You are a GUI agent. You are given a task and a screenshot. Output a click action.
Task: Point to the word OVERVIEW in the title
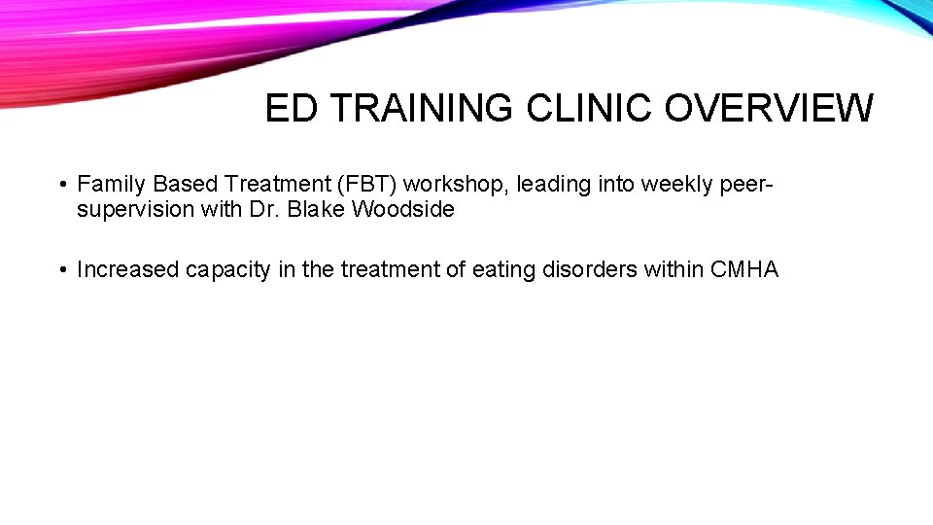tap(769, 109)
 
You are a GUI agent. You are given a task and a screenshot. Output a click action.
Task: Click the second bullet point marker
tap(61, 270)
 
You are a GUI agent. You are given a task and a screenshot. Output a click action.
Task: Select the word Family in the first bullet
tap(111, 184)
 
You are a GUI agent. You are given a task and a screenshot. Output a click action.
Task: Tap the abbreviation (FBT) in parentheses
tap(366, 184)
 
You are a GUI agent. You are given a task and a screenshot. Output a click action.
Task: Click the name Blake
tap(315, 209)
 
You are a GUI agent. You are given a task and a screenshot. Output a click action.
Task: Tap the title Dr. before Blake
tap(265, 209)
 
